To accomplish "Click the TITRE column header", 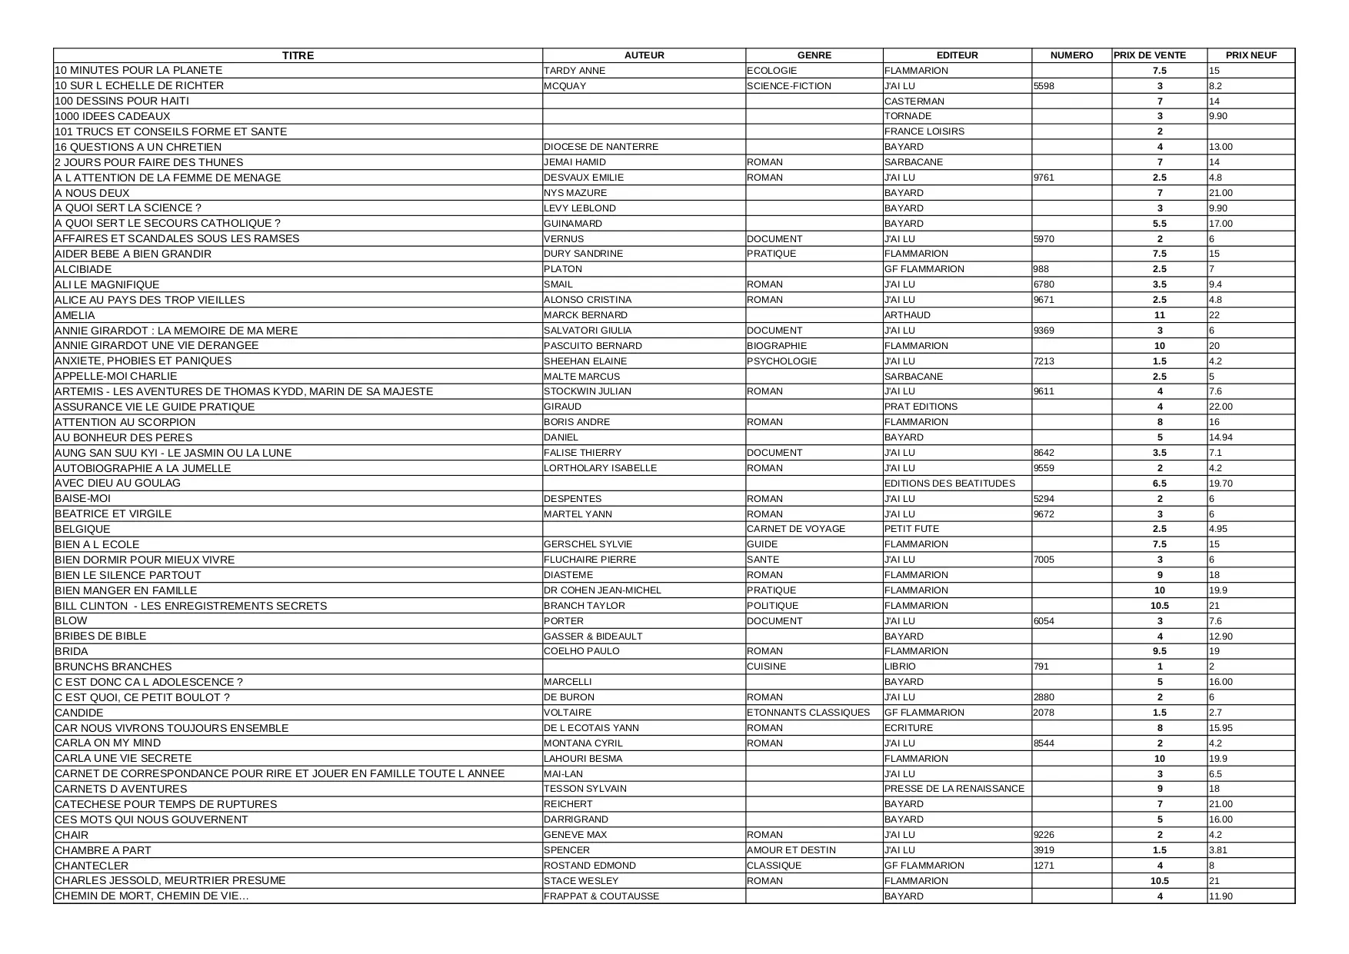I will coord(298,55).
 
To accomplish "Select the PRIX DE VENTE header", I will coord(1150,55).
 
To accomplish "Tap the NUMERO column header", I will coord(1071,55).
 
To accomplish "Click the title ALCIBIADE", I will coord(83,269).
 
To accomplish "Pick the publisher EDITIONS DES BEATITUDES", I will coord(950,484).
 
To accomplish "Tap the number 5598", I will coord(1044,86).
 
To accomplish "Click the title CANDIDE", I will coord(78,713).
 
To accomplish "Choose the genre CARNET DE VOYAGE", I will coord(796,529).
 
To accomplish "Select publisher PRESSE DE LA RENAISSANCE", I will coord(954,789).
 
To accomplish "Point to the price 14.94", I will coord(1221,437).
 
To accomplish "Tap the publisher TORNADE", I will coord(908,116).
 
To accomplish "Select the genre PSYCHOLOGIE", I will coord(781,361).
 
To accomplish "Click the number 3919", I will coord(1044,850).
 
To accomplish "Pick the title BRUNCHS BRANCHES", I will coord(113,666).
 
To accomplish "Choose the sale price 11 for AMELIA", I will coord(1160,315).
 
